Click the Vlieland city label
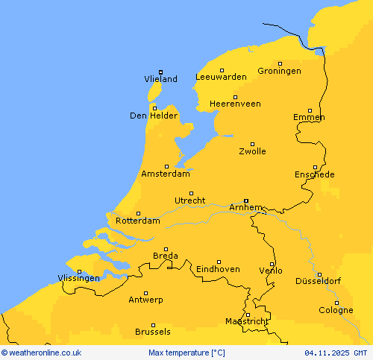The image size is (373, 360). coord(160,79)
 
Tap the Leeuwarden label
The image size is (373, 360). coord(221,77)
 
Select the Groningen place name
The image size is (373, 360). coord(279,71)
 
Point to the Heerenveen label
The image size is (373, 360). coord(235,104)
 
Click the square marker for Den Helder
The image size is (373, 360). coord(154,107)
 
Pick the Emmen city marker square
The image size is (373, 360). coord(310,110)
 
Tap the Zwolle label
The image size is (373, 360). coord(252,151)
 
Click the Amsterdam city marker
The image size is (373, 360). coord(166,166)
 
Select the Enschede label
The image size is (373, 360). coord(314,174)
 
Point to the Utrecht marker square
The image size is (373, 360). coord(191,193)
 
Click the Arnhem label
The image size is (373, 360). coord(245,207)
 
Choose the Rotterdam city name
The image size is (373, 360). coord(138,221)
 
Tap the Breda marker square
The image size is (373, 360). coord(166,249)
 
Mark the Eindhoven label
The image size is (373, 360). coord(218,269)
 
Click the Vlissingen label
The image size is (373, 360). coord(78,278)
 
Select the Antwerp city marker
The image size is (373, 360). coord(145,293)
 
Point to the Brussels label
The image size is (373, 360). coord(152,332)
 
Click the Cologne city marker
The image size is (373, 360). coord(337,302)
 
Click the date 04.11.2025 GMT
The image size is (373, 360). coord(336,353)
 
